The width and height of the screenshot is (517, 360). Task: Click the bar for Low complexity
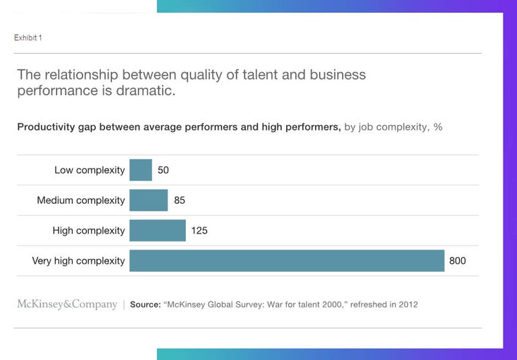141,170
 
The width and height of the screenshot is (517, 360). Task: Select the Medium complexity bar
148,200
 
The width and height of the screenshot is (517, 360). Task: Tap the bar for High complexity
157,230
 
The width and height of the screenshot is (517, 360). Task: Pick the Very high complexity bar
287,260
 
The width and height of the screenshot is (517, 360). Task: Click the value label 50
163,170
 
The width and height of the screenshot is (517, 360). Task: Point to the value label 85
179,201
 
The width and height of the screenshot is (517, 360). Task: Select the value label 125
199,231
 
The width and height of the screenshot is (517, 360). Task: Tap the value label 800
457,261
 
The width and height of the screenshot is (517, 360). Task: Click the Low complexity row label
90,170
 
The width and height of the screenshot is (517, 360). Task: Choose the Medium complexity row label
81,201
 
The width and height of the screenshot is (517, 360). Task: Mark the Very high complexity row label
78,261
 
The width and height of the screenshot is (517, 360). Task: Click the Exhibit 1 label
28,38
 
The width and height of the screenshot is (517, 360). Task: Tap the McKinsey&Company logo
67,304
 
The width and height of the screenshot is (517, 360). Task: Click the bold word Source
145,305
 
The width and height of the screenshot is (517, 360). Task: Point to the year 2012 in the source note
407,305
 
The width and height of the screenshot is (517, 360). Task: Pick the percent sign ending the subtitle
438,127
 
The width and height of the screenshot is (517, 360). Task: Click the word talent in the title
259,75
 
